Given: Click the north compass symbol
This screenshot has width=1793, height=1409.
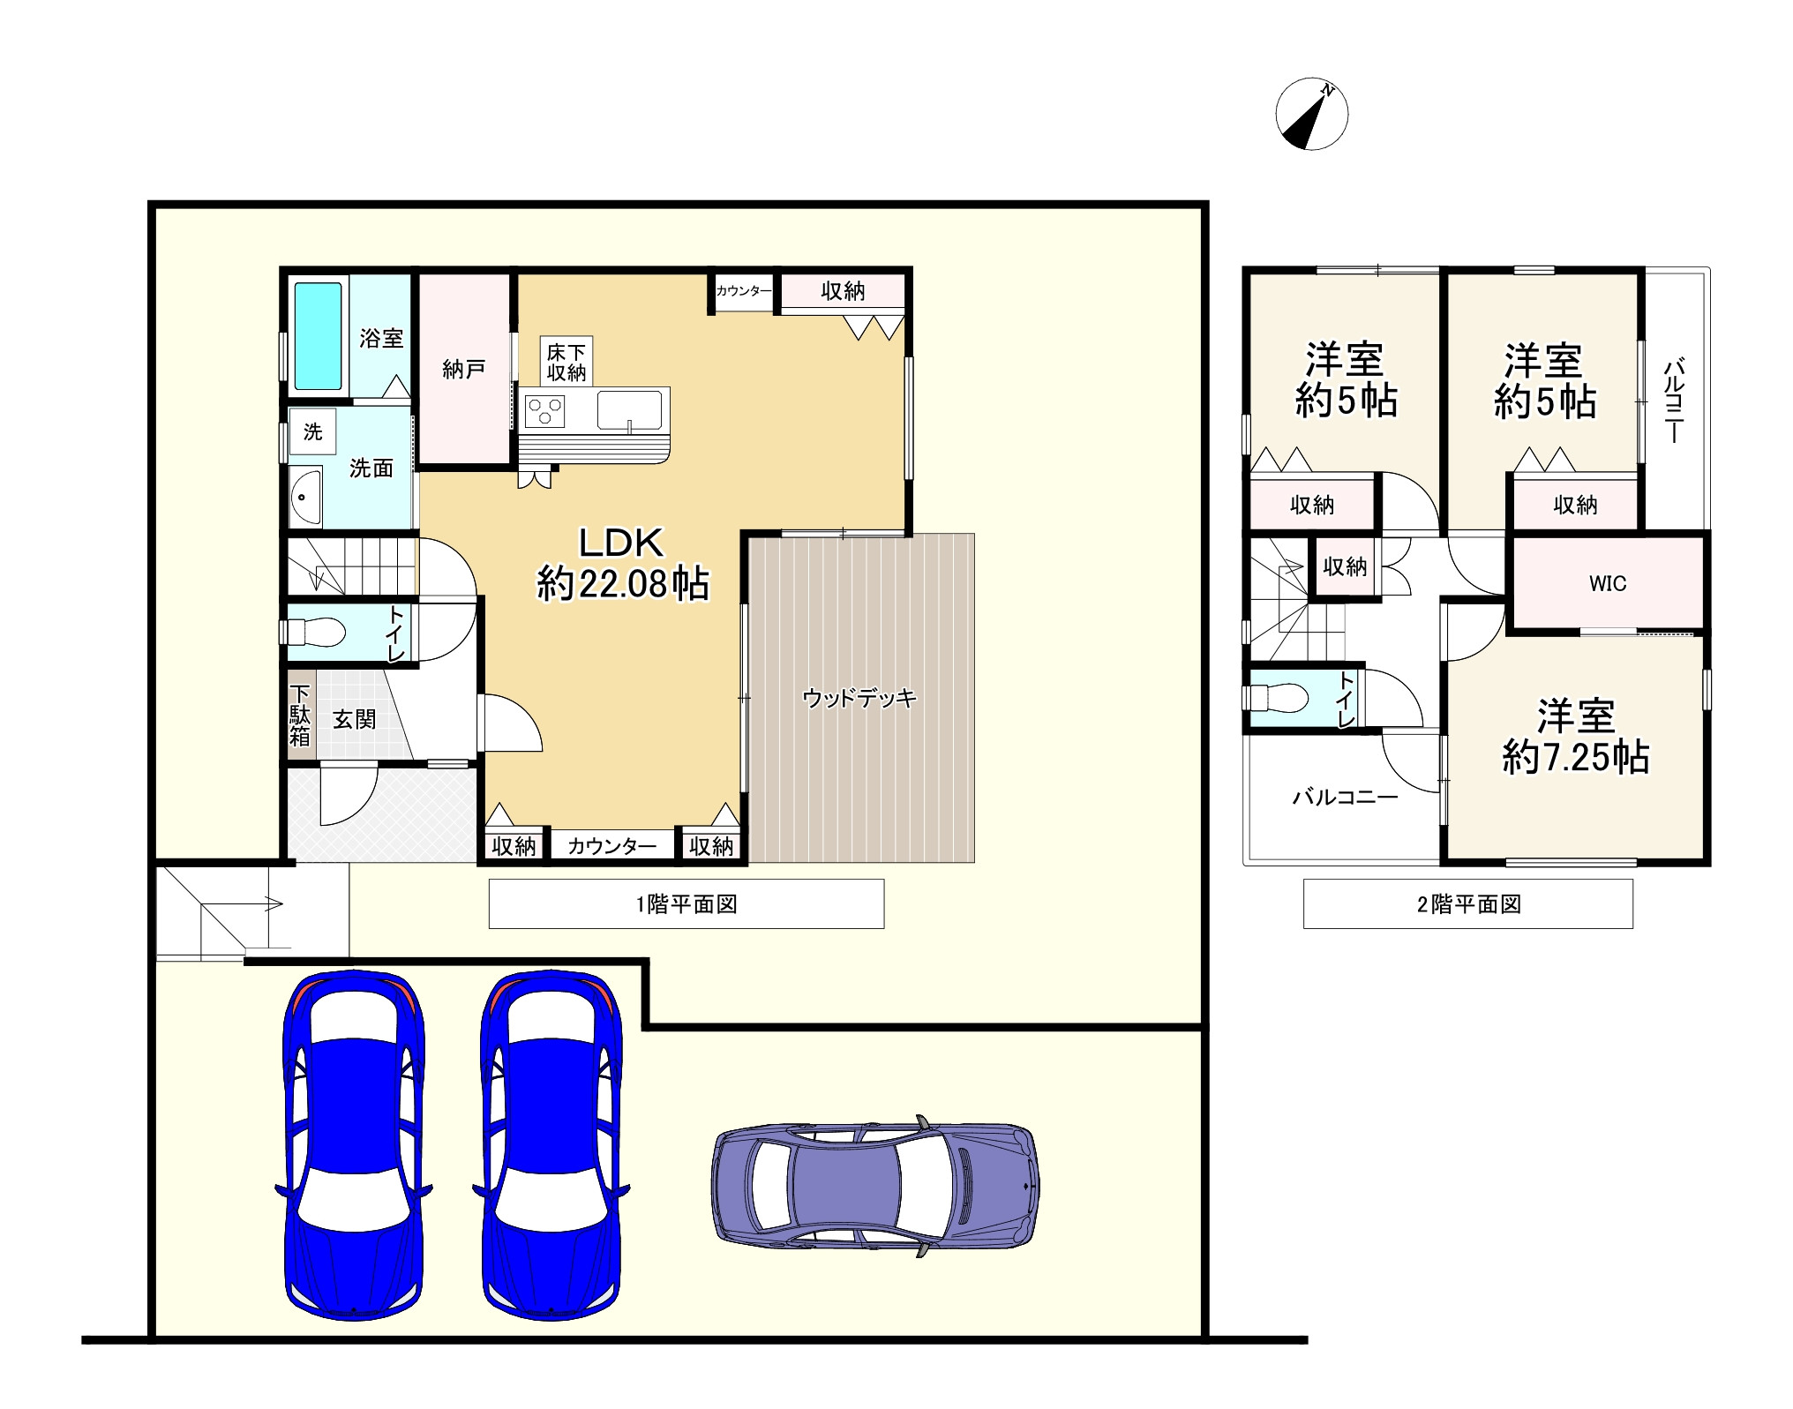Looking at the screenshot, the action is [1311, 114].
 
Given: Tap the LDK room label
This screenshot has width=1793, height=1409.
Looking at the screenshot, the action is [622, 565].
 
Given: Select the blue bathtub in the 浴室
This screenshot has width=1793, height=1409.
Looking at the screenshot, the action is [318, 336].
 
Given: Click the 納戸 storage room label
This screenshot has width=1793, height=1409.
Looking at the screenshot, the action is [463, 369].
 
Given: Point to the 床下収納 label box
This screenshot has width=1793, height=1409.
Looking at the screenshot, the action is [566, 361].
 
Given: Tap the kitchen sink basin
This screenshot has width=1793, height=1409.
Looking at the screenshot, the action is [629, 410].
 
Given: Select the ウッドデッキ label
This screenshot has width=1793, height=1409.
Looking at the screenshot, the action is [859, 699].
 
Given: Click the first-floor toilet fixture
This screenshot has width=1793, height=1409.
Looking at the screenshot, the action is [314, 632].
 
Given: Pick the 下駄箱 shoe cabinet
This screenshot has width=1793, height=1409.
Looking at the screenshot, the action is [300, 716].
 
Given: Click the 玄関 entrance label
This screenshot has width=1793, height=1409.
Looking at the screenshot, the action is [354, 720].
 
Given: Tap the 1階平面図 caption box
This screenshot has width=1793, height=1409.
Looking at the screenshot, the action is [686, 903].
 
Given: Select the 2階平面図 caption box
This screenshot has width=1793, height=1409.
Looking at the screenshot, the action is [1467, 903].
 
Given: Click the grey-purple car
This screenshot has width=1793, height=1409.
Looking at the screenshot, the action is [875, 1185].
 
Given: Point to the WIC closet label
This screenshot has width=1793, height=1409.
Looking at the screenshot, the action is [1607, 583].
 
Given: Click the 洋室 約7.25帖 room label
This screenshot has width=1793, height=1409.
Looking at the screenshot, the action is [1576, 737].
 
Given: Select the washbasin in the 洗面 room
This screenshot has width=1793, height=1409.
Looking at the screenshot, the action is [306, 496].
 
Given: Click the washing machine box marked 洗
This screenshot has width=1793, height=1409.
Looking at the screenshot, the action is [313, 431].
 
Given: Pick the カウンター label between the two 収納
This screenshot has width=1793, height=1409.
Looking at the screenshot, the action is [612, 846].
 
